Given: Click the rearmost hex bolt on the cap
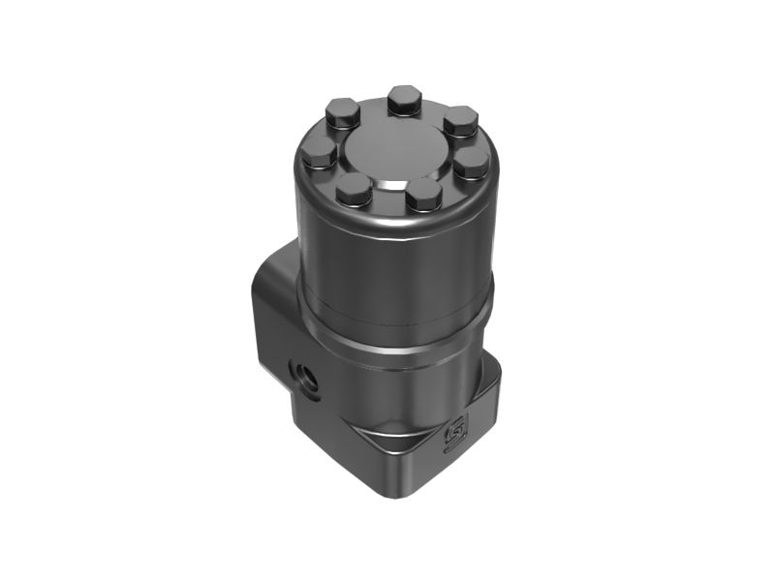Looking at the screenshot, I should pos(403,99).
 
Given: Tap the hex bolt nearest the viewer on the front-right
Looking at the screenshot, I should pos(424,195).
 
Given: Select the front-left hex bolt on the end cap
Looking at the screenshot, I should pos(354,190).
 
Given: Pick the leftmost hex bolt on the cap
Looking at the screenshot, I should pos(319,151).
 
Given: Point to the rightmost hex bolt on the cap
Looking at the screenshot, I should pos(471,161).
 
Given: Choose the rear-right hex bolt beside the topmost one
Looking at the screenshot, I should pos(461,123).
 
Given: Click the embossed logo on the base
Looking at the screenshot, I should pos(453,438).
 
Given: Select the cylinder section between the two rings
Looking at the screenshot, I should pos(392,334).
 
